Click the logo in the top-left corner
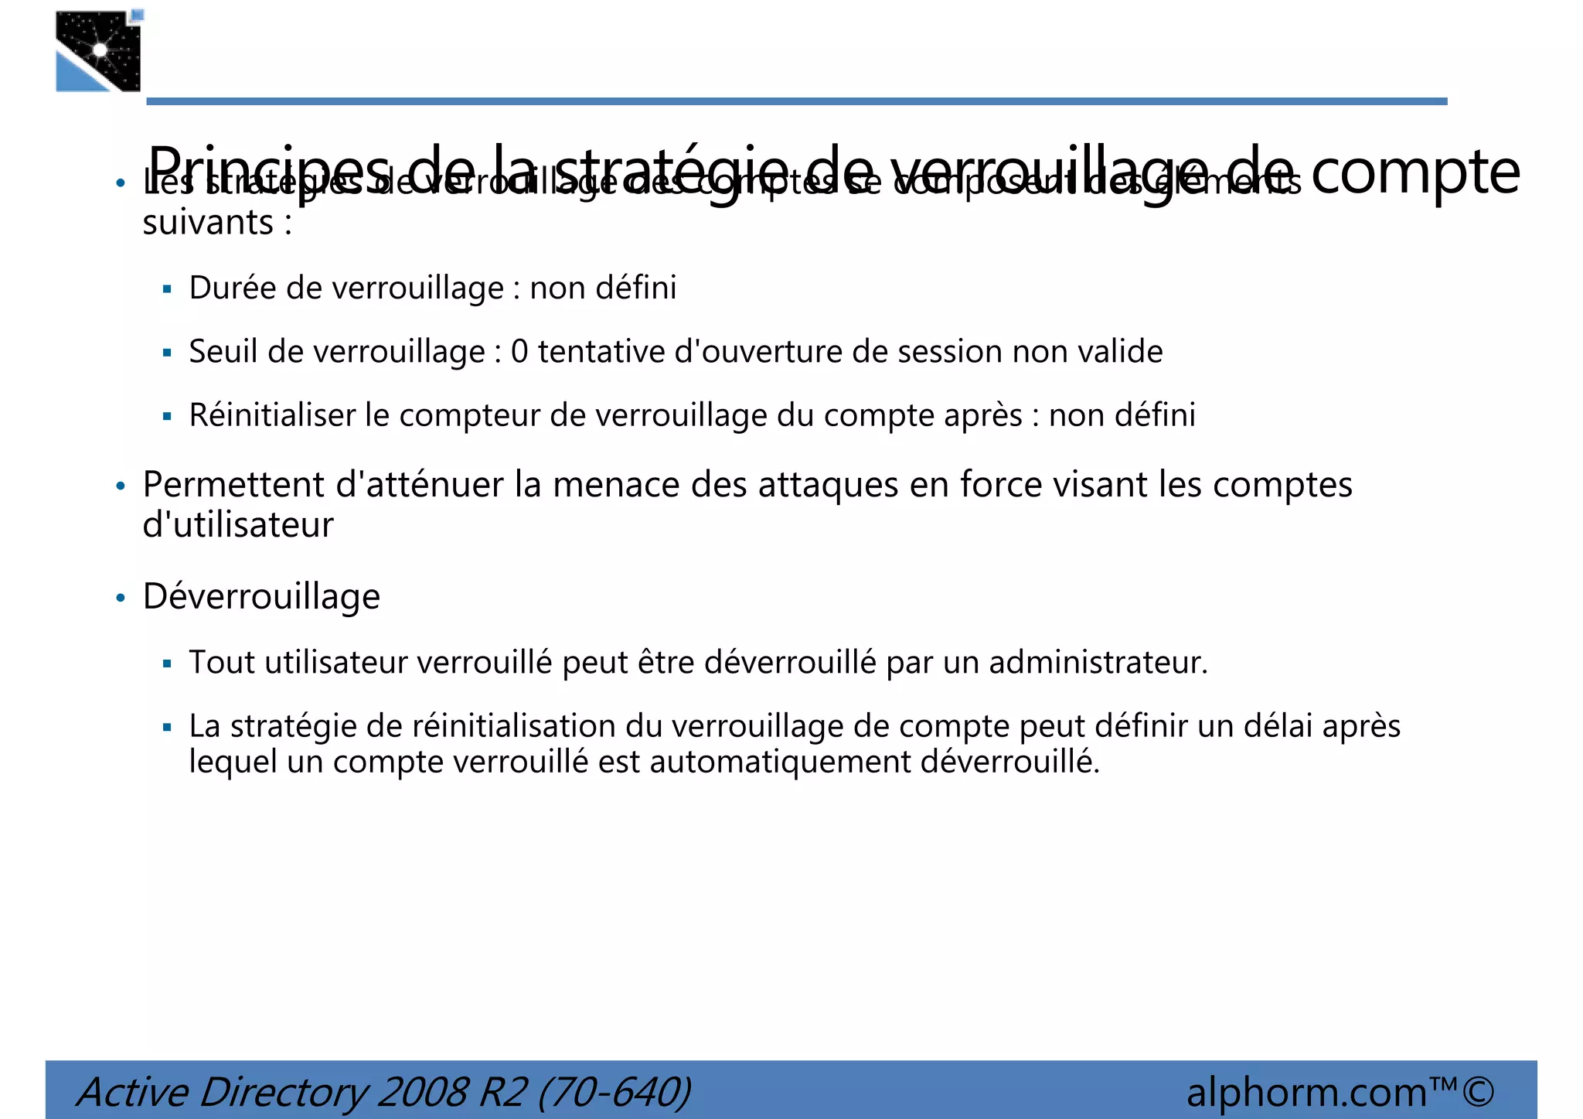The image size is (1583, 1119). [99, 51]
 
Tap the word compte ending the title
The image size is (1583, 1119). [1415, 172]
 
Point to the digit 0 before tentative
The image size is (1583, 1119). [519, 352]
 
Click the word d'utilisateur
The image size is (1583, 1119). [238, 525]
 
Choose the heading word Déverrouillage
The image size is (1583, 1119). [261, 597]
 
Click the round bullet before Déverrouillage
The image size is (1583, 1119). [120, 599]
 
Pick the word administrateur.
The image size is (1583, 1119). [1098, 663]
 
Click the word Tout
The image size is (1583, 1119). [221, 663]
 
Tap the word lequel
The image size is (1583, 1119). [233, 762]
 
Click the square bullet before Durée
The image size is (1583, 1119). [167, 290]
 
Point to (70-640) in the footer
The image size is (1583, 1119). [614, 1092]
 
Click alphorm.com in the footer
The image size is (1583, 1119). [1306, 1092]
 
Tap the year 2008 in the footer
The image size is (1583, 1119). [422, 1092]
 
